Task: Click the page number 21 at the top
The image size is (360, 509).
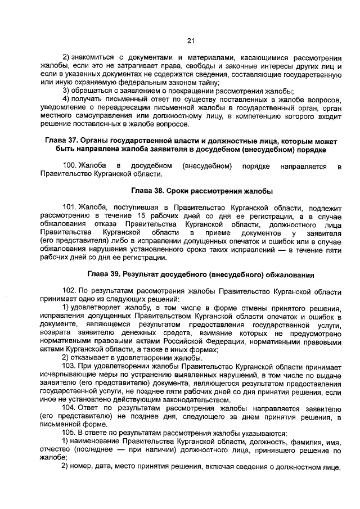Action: (190, 40)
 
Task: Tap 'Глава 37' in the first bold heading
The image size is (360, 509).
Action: (60, 139)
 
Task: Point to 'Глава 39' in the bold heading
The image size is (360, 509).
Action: (105, 274)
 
